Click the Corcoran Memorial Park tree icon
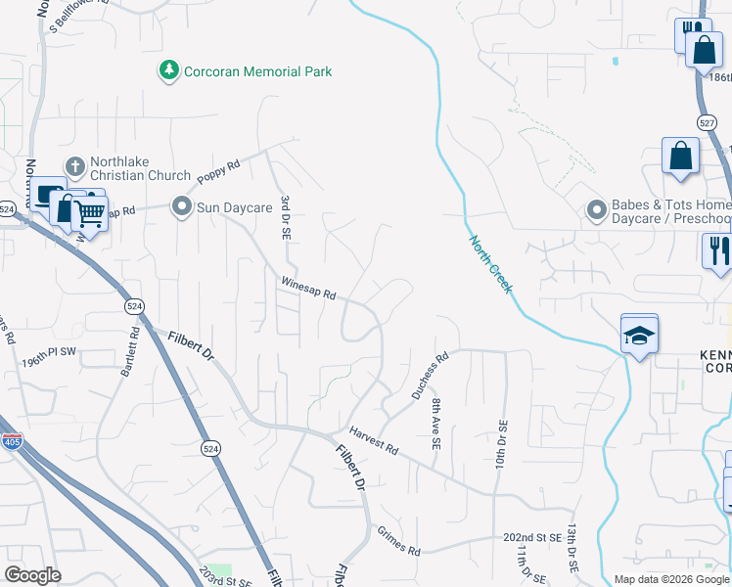tap(170, 70)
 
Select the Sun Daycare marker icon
tap(180, 207)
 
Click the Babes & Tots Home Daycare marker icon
tap(595, 210)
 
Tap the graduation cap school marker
tap(639, 335)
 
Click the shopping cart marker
tap(90, 213)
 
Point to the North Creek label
tap(489, 264)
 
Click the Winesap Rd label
tap(308, 288)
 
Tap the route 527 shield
tap(707, 123)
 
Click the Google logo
tap(32, 574)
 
